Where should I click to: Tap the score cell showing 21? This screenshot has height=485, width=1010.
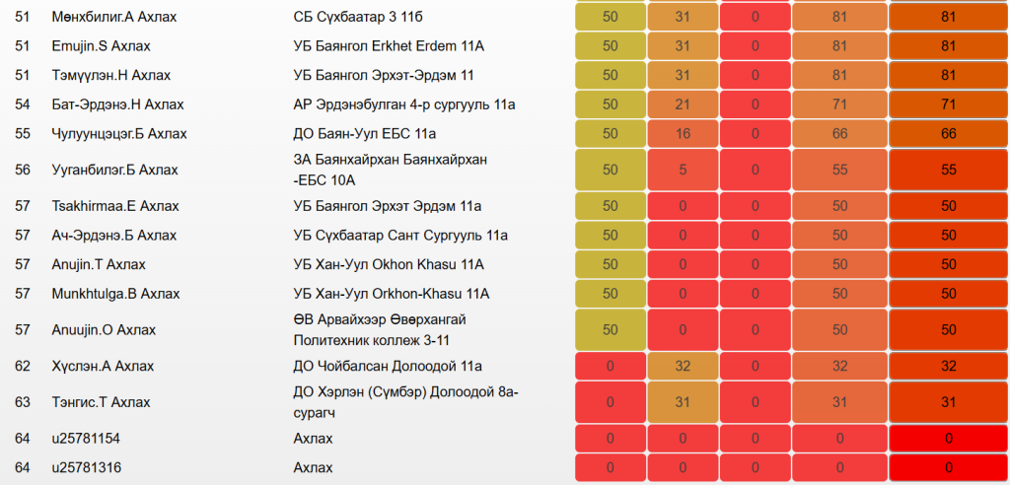683,104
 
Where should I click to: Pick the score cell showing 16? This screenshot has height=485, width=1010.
683,134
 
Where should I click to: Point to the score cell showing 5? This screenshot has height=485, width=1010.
683,171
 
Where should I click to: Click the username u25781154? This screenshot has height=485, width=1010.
86,438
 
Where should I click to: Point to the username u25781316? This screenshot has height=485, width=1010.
86,467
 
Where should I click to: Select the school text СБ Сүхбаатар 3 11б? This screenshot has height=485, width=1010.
364,18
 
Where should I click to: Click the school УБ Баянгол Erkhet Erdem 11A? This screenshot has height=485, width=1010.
396,46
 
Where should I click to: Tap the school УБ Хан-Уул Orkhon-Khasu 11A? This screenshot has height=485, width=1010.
392,294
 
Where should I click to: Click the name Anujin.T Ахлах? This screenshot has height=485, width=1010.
99,264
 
